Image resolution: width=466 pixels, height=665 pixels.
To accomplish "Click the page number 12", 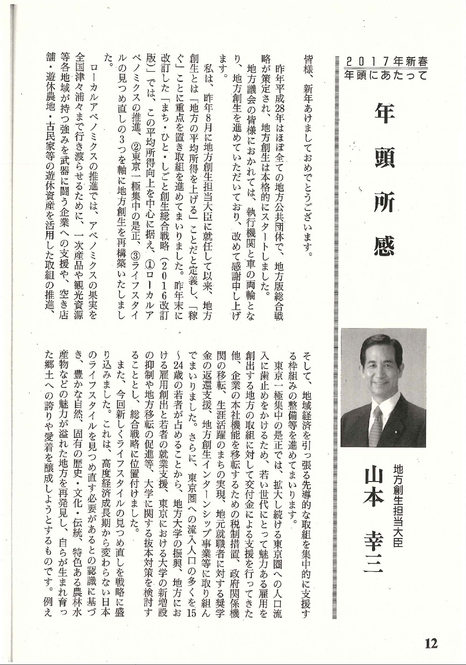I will (x=431, y=644).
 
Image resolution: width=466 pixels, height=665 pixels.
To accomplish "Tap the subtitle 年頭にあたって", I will (x=386, y=75).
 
